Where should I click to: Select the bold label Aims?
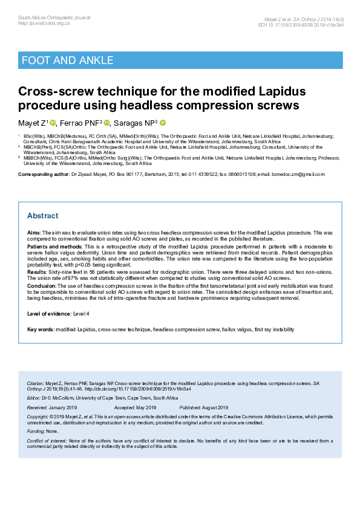(33, 232)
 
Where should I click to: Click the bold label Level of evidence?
(49, 313)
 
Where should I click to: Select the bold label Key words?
(40, 329)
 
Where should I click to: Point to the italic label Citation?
(36, 384)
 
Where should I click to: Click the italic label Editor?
(34, 398)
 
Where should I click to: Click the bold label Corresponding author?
(43, 174)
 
